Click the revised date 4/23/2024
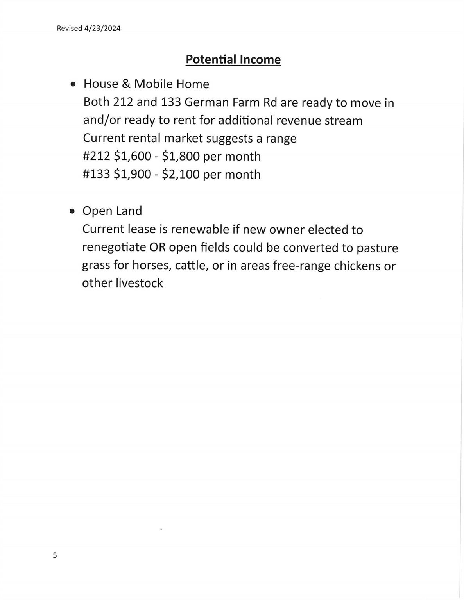(102, 29)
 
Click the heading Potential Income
(233, 60)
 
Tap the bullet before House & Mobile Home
(73, 84)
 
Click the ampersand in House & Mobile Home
(126, 84)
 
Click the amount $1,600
(132, 156)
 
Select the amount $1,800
(181, 156)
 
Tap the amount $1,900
(132, 174)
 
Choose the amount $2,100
(181, 174)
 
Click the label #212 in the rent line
(96, 156)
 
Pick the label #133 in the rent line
(96, 174)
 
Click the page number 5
(55, 555)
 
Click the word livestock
(139, 283)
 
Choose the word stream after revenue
(344, 120)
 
